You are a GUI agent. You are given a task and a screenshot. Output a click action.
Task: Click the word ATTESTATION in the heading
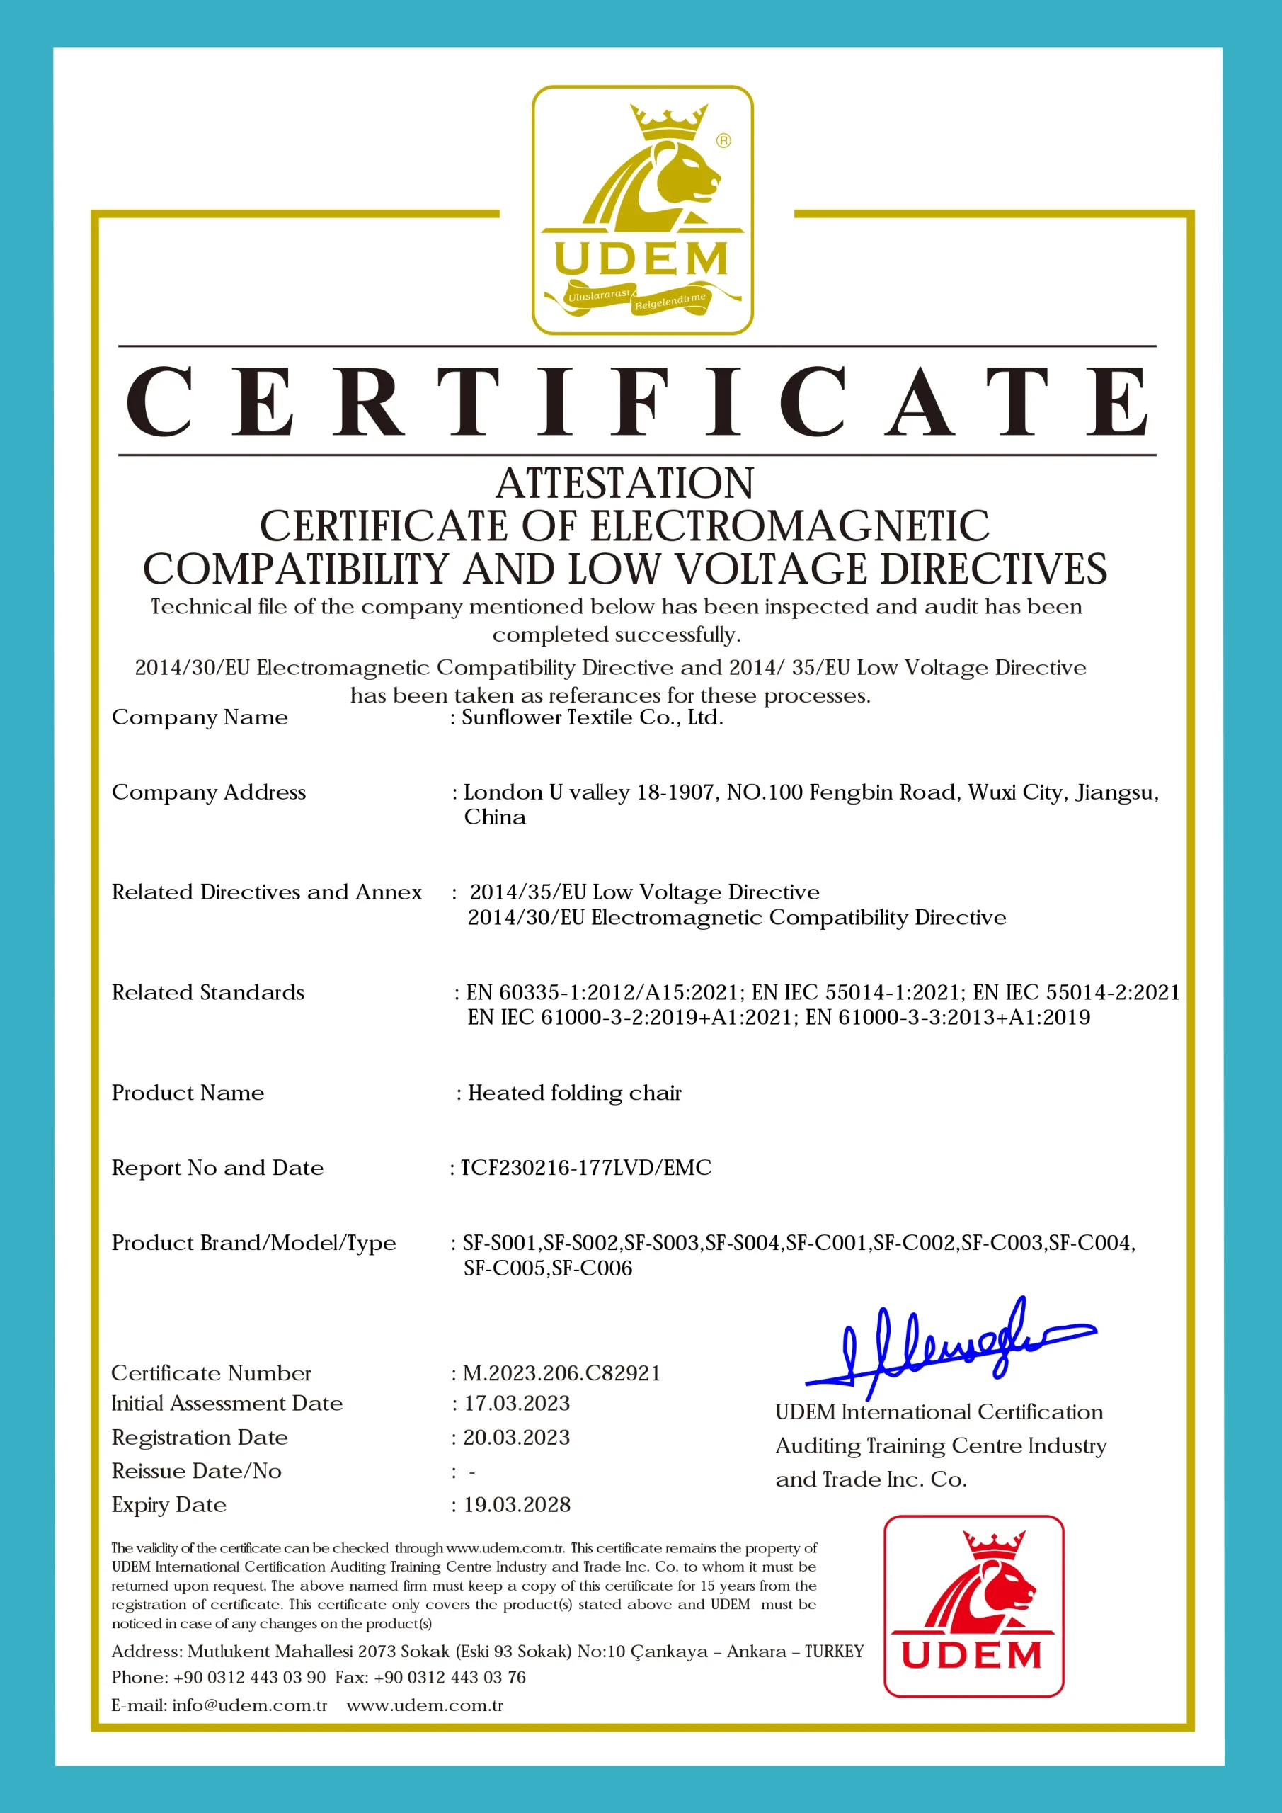pos(624,483)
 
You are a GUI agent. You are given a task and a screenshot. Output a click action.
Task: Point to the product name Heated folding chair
pos(575,1093)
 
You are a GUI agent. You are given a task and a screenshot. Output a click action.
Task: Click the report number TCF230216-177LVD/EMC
pos(585,1168)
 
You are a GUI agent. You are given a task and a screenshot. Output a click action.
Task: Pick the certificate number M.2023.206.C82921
pos(561,1373)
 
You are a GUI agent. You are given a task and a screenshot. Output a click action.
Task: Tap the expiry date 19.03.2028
pos(516,1505)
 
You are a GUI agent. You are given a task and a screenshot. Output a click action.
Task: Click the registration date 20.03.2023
pos(516,1437)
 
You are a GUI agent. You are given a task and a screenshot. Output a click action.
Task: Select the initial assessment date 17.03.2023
pos(516,1403)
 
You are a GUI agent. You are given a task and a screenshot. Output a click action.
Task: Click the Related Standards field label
pos(207,993)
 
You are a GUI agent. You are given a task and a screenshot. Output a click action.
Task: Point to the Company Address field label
pos(208,792)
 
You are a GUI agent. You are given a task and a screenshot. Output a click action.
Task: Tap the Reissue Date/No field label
pos(197,1471)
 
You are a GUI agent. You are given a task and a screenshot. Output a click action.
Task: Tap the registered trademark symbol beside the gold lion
pos(723,140)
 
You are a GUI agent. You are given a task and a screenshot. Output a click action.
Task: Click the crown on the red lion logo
pos(993,1544)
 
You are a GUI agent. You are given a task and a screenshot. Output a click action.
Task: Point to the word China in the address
pos(495,817)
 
